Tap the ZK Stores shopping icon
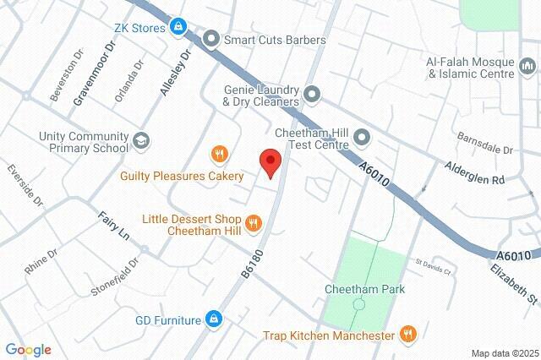point(178,28)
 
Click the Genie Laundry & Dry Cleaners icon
point(312,94)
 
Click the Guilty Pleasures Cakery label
point(182,177)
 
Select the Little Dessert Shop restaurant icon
point(254,223)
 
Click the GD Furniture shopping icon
point(214,319)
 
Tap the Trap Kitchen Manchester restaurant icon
point(409,335)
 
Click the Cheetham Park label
point(365,289)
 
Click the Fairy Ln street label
point(112,223)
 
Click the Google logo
point(28,350)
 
